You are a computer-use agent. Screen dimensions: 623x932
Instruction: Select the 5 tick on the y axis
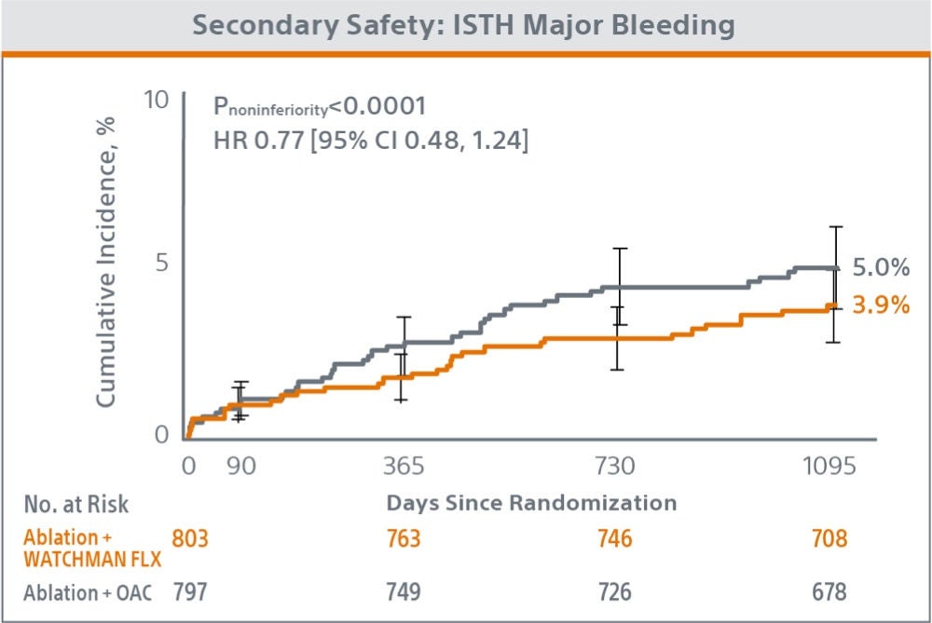pos(161,264)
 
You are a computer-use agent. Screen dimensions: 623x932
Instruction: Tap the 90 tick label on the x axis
pos(240,466)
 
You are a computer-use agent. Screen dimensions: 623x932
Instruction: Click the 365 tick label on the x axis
pos(403,466)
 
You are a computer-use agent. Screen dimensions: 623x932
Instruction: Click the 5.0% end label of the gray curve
pos(880,268)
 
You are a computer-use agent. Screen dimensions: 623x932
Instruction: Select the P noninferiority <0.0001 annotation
pos(320,107)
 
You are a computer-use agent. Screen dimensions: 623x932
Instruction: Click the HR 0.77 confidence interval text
pos(371,142)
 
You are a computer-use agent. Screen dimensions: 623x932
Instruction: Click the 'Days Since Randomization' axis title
pos(531,503)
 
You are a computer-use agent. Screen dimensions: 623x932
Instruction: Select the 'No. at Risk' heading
pos(76,504)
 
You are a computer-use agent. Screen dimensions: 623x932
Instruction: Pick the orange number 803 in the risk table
pos(191,538)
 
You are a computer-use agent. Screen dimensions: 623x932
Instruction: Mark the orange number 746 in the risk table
pos(613,538)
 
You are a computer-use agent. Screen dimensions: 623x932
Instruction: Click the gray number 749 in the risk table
pos(403,592)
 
